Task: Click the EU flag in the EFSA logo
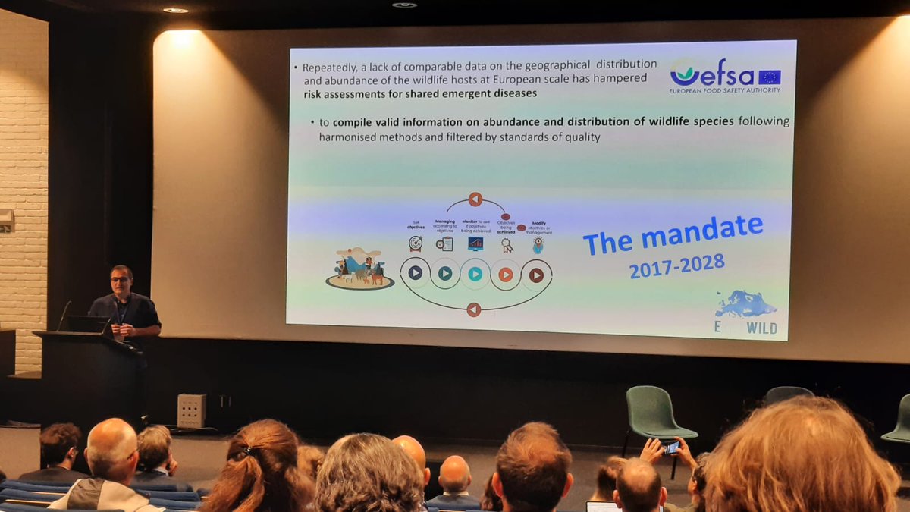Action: (769, 77)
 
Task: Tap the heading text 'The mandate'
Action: (673, 234)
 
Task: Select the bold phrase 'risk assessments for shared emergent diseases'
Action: (420, 93)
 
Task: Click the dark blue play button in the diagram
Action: (415, 272)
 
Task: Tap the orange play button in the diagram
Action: (505, 274)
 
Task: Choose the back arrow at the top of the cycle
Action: (475, 199)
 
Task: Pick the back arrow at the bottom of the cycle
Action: (474, 309)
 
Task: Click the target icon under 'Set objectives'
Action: (415, 243)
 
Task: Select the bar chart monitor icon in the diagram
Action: (475, 243)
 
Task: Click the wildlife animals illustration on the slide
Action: (360, 270)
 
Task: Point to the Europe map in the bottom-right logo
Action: (746, 305)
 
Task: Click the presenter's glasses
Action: (120, 279)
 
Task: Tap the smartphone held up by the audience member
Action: (672, 447)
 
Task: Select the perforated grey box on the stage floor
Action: (191, 410)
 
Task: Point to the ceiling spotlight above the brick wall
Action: (175, 10)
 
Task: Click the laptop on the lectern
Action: (84, 323)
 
